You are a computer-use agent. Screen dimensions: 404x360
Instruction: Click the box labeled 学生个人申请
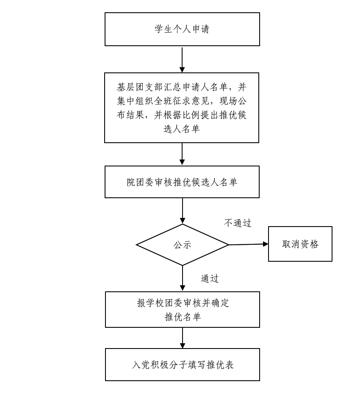(x=182, y=29)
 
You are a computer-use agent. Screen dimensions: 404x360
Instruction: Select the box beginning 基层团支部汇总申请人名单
(x=182, y=108)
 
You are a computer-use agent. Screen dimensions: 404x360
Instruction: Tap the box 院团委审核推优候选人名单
(x=182, y=182)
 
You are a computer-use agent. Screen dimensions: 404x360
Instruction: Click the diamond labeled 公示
(x=183, y=245)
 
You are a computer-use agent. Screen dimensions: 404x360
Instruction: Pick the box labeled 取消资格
(x=300, y=244)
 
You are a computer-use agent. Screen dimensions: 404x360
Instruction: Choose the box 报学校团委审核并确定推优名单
(x=183, y=310)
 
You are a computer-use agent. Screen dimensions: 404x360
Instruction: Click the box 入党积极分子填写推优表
(x=183, y=365)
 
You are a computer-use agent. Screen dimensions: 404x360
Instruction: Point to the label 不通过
(x=238, y=223)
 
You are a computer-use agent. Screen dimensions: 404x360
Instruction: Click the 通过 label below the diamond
(x=210, y=279)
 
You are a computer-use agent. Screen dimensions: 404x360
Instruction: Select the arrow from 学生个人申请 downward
(x=182, y=59)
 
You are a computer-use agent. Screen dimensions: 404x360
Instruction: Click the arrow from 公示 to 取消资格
(x=249, y=244)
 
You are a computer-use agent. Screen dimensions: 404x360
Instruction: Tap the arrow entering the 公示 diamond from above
(x=183, y=211)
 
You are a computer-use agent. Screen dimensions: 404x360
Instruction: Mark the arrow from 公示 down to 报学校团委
(x=183, y=278)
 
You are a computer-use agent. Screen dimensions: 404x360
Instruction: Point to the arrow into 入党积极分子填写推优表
(x=183, y=338)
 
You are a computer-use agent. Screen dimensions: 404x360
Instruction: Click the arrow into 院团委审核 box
(x=182, y=154)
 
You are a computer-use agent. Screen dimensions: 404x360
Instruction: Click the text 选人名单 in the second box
(x=182, y=129)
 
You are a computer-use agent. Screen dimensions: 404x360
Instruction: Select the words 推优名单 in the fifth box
(x=183, y=317)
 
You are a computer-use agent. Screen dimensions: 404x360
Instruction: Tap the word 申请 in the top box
(x=201, y=29)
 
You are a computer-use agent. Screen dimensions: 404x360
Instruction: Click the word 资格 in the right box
(x=310, y=244)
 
